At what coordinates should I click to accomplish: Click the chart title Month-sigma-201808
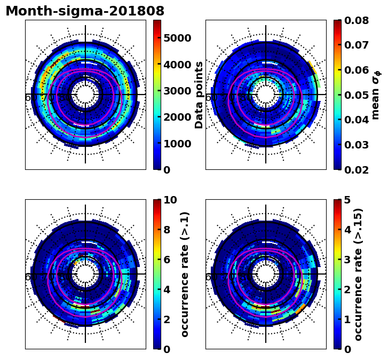pos(85,11)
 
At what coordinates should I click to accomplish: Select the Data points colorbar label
pos(200,95)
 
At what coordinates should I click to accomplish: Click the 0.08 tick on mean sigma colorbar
pos(359,21)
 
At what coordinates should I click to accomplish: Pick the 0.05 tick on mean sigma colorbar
pos(359,95)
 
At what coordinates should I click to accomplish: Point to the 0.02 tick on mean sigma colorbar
pos(359,170)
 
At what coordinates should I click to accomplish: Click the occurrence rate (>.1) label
pos(185,274)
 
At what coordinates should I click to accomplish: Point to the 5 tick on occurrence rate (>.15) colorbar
pos(347,200)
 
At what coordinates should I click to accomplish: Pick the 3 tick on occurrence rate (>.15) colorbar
pos(347,260)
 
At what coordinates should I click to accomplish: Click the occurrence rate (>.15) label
pos(359,274)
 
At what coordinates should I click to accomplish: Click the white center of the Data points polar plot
pos(85,95)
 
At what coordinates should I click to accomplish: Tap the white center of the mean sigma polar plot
pos(266,95)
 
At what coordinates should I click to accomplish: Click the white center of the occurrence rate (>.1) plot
pos(85,274)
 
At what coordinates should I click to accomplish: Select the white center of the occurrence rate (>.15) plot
pos(266,274)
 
